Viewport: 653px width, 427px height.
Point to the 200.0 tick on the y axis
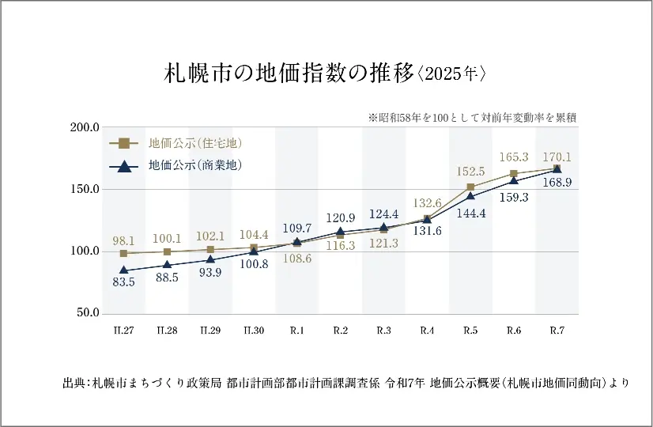85,127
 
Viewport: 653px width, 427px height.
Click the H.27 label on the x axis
123,330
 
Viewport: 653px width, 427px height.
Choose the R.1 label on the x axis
297,330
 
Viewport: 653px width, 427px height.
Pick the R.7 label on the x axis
557,330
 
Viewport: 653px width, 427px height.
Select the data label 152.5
470,171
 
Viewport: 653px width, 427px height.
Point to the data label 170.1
557,157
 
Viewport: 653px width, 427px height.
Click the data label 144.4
472,213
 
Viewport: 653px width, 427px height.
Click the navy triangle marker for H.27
123,270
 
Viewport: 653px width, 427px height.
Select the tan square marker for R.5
470,187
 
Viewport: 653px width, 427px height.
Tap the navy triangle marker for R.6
514,180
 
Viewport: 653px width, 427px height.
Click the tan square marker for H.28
167,251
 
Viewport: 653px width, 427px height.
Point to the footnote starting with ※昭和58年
471,117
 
